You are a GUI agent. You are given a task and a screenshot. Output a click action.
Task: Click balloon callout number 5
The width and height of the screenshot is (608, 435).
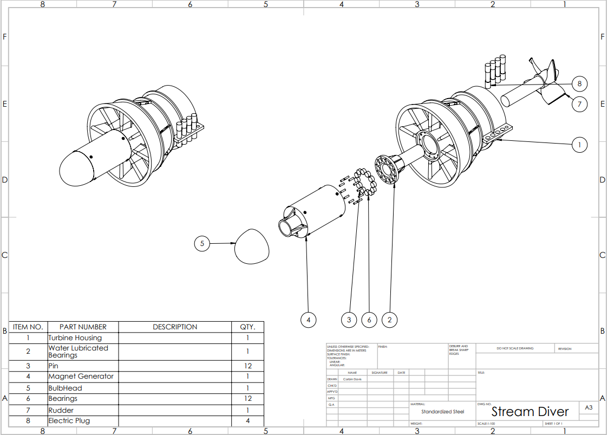click(x=202, y=244)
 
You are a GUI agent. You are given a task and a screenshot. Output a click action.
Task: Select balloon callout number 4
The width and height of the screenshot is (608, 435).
click(x=308, y=320)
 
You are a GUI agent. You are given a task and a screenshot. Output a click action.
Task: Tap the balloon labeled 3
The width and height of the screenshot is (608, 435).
click(x=349, y=320)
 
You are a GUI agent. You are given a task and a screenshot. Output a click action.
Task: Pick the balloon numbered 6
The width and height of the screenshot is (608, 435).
click(x=369, y=320)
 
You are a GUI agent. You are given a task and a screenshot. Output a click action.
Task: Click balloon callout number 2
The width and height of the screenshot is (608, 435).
click(x=389, y=320)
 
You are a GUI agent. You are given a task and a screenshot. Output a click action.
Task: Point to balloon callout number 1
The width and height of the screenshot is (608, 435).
click(x=579, y=145)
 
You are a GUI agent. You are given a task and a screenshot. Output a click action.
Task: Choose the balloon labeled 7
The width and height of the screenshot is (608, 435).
click(x=579, y=104)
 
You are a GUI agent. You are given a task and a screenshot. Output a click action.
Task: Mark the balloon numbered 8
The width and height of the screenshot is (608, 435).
click(x=579, y=84)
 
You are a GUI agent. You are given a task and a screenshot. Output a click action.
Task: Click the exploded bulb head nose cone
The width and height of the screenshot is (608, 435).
click(x=252, y=246)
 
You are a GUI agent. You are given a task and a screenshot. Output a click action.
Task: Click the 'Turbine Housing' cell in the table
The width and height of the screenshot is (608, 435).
click(x=75, y=337)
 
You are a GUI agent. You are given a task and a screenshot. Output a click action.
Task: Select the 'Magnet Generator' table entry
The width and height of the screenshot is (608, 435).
click(x=81, y=376)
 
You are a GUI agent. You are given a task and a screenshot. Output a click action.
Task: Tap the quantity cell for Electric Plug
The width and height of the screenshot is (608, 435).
click(x=247, y=420)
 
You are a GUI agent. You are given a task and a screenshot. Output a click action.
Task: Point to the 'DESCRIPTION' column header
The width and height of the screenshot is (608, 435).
click(x=175, y=327)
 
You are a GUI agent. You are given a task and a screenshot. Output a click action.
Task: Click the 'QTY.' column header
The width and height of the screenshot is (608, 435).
click(x=247, y=327)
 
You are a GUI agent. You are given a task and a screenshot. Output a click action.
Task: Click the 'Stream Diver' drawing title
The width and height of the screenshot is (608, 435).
click(x=530, y=412)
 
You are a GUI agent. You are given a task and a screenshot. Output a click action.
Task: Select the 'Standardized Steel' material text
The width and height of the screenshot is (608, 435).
click(x=442, y=412)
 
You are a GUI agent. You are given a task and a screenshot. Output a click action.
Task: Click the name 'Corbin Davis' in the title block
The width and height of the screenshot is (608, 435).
click(x=352, y=379)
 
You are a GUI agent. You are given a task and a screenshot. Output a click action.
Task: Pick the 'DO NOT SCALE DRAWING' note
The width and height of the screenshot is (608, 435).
click(x=515, y=348)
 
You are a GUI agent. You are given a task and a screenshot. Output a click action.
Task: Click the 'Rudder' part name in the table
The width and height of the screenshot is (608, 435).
click(x=61, y=410)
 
